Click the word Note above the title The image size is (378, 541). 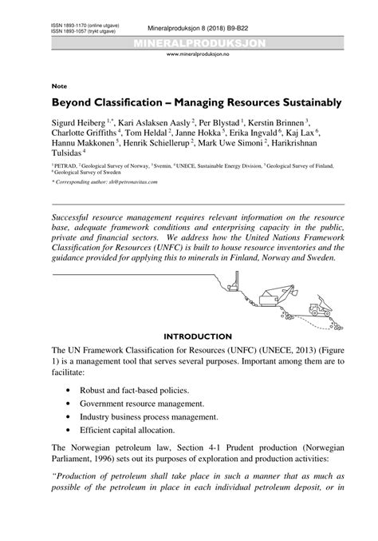point(58,84)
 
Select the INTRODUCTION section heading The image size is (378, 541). point(197,336)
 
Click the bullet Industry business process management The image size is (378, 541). point(152,416)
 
